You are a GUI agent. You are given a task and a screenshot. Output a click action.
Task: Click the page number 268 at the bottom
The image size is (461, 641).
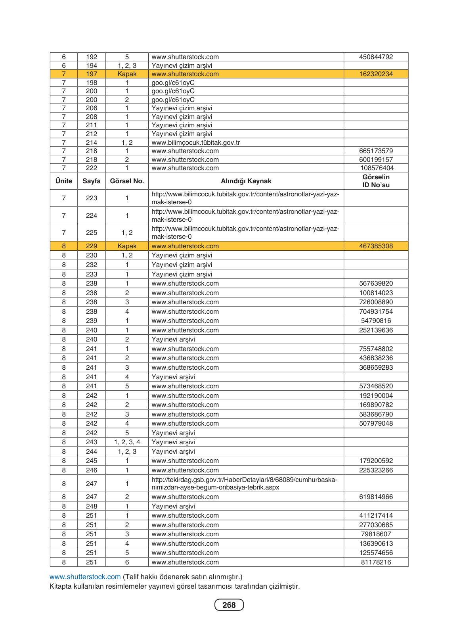coord(229,605)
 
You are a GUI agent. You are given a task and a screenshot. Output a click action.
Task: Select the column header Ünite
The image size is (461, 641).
coord(64,181)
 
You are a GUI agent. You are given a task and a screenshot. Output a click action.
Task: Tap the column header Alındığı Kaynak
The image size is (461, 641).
coord(246,181)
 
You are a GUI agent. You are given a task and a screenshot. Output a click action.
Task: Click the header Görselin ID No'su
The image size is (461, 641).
coord(376,181)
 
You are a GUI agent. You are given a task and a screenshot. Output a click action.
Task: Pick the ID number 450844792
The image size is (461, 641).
coord(376,57)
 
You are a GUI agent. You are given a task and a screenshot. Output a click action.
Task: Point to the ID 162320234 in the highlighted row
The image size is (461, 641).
coord(376,74)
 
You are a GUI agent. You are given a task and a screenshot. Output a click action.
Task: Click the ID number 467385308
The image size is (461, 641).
coord(376,246)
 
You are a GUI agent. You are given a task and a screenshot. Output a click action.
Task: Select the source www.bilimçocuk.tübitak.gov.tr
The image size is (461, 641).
coord(196,142)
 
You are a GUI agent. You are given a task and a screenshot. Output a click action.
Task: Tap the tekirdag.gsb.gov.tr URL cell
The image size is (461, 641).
coord(244,484)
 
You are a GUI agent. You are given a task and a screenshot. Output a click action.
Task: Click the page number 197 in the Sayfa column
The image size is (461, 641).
coord(92,74)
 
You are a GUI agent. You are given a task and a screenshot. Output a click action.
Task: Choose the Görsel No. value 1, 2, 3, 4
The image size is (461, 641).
coord(127,442)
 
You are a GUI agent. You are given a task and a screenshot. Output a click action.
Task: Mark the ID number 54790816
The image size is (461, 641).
coord(376,320)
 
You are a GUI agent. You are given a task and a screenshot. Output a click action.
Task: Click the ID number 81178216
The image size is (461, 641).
coord(376,562)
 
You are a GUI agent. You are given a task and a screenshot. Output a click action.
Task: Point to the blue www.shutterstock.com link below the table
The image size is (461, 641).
coord(85,577)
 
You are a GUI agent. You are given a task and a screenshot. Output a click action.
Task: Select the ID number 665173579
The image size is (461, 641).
coord(376,151)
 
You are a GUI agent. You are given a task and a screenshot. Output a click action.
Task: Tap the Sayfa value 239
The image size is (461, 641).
coord(92,320)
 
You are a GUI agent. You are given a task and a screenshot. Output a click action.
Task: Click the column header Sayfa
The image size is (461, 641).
coord(92,181)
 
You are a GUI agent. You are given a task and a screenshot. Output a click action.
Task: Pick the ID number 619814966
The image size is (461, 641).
coord(376,497)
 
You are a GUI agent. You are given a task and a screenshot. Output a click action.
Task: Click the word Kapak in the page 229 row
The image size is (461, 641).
coord(127,246)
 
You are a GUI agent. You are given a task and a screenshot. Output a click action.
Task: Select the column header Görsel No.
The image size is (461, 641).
coord(127,181)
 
